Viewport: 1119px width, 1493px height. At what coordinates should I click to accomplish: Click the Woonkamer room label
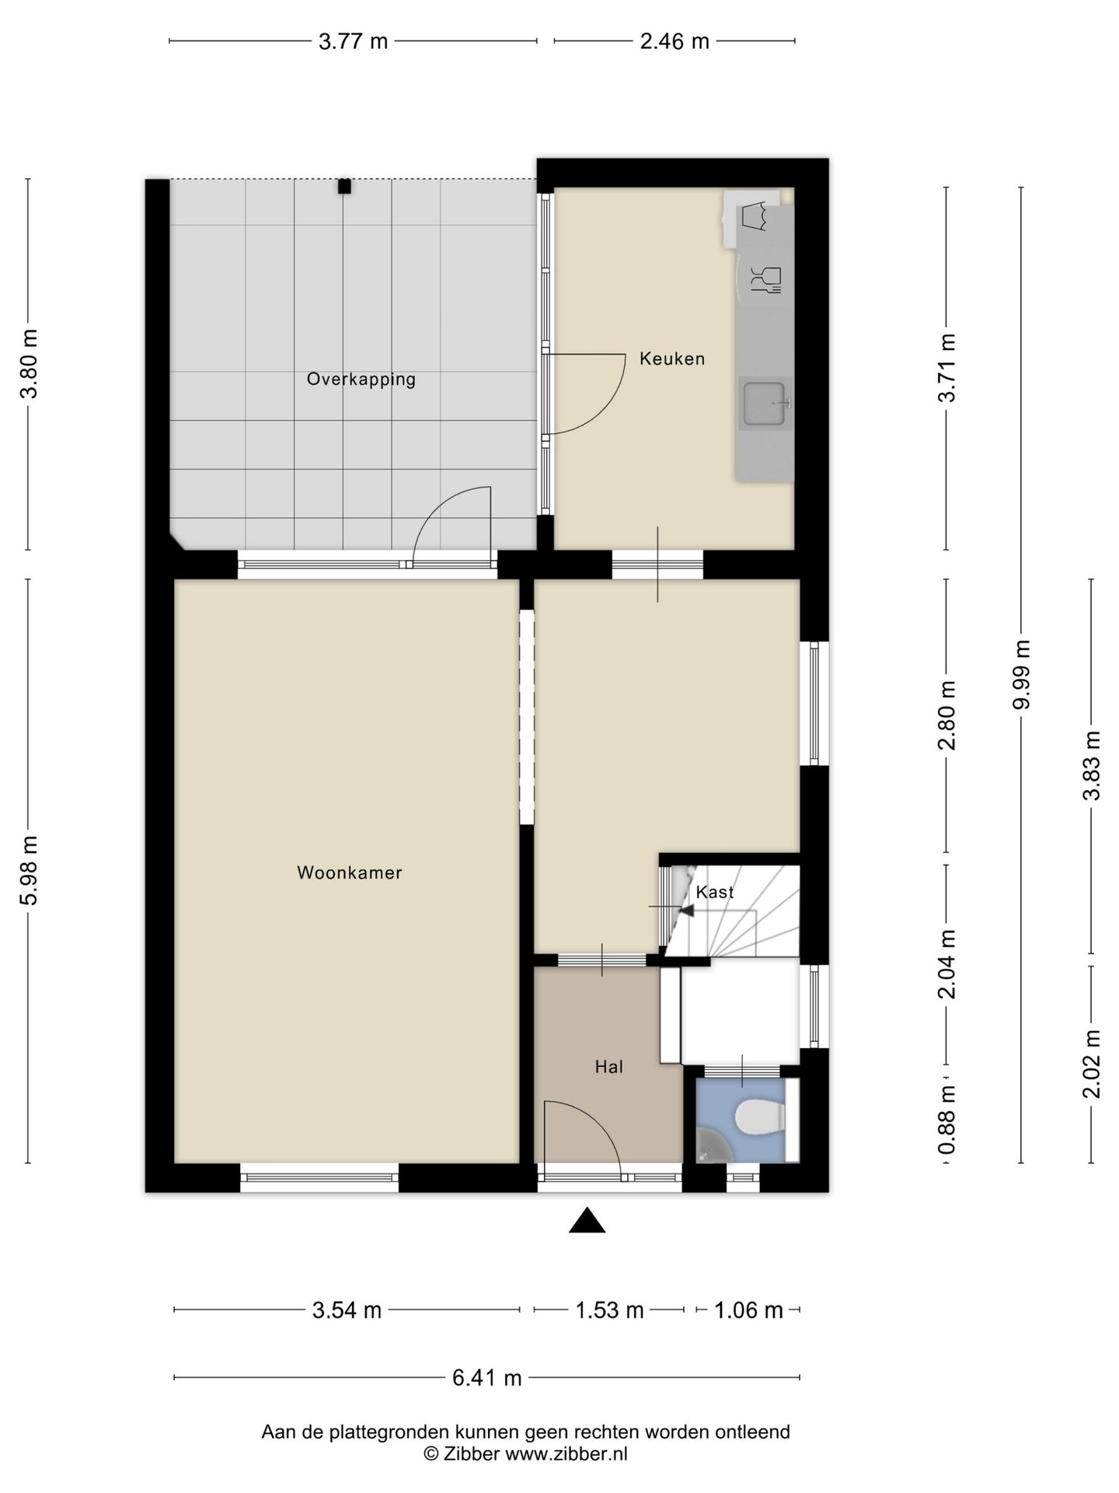(350, 872)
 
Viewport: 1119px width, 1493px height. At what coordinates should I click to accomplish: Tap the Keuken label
(672, 358)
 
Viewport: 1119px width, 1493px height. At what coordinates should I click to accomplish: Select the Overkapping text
(361, 379)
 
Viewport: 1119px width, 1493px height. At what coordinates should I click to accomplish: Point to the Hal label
(609, 1067)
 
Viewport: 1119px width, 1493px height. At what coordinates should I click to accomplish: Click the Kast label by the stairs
(715, 892)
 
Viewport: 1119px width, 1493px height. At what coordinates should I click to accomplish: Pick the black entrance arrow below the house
(587, 1221)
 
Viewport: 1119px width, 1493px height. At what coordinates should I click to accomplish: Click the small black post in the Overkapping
(344, 187)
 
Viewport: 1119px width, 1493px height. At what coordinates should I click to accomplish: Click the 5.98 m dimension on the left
(29, 871)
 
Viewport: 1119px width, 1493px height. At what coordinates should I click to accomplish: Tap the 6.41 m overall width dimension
(487, 1378)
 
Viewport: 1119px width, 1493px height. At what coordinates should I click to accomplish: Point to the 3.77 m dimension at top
(353, 41)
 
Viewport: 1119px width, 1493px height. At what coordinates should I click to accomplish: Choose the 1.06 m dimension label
(748, 1310)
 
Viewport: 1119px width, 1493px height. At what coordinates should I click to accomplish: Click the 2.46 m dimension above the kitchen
(675, 41)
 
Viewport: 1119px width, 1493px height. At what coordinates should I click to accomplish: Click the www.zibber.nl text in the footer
(566, 1453)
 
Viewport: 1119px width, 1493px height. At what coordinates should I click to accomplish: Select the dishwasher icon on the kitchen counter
(765, 279)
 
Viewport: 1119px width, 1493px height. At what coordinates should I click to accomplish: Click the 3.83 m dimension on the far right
(1092, 765)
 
